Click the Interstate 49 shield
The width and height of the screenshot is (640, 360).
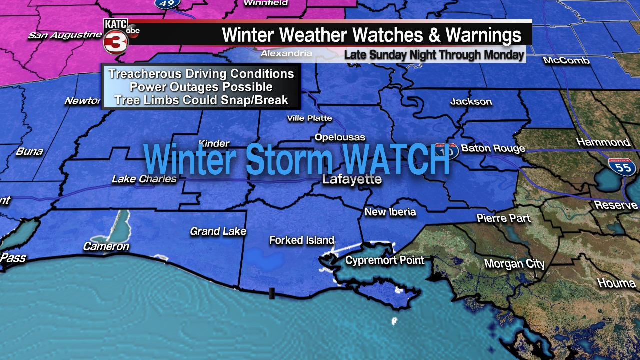tap(167, 3)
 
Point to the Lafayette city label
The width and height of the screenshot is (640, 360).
tap(352, 180)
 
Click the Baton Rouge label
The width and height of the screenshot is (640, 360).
tap(493, 148)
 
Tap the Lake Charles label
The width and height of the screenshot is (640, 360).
tap(144, 179)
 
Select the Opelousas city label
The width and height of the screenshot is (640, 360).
tap(340, 137)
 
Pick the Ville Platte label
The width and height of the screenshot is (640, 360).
tap(309, 118)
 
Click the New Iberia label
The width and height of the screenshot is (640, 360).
tap(390, 212)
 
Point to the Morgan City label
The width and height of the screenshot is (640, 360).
tap(514, 264)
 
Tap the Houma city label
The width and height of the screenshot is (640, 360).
tap(616, 283)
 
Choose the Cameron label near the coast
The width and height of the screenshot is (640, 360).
tap(106, 246)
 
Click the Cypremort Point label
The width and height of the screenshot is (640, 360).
tap(384, 260)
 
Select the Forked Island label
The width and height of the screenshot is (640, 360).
tap(301, 240)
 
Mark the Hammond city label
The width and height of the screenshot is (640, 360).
tap(603, 142)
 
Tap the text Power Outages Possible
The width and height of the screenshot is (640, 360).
tap(201, 87)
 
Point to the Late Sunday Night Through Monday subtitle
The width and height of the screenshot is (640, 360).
tap(434, 54)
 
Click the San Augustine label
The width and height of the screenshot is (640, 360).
tap(65, 35)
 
